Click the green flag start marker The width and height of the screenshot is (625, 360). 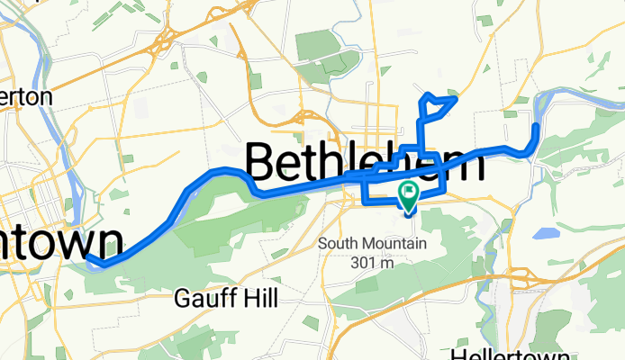pos(409,192)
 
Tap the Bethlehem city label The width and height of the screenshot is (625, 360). pos(364,163)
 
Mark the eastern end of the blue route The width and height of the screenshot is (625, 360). pos(535,128)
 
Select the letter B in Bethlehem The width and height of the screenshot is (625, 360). pos(260,164)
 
